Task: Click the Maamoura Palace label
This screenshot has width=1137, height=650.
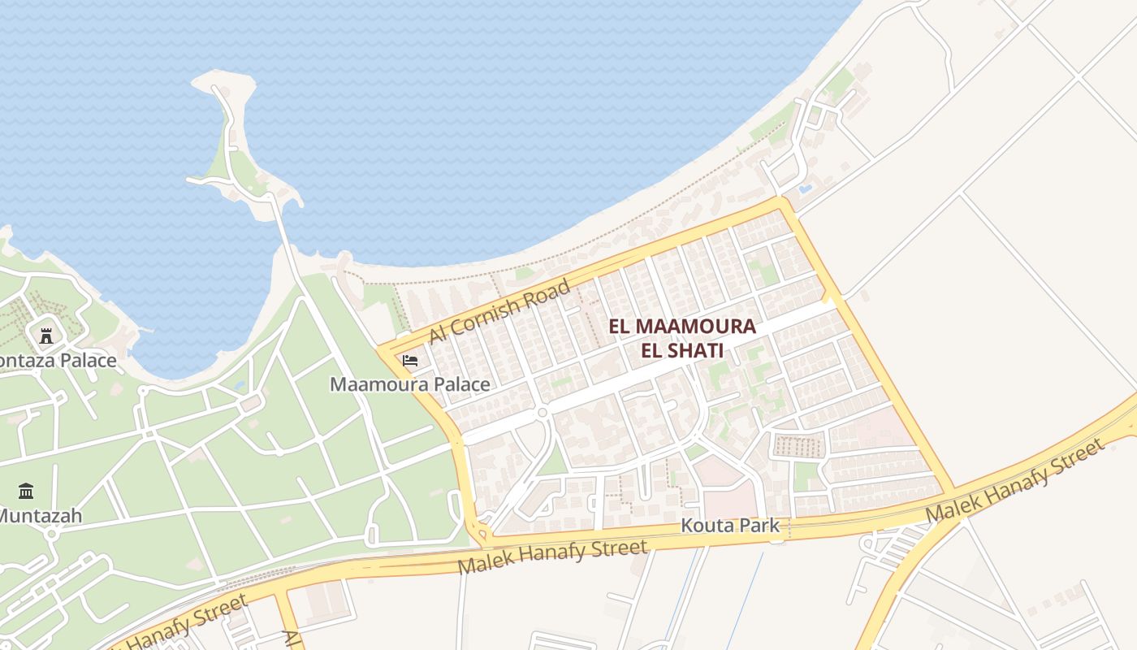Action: (x=409, y=384)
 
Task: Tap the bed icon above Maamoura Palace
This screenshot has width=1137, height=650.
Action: (x=410, y=360)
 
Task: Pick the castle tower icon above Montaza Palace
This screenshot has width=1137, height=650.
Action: (x=46, y=335)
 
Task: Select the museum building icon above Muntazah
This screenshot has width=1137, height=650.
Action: (x=26, y=491)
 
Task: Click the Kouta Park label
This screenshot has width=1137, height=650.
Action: (x=729, y=526)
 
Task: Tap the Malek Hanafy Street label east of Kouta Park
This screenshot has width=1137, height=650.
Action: (x=1015, y=481)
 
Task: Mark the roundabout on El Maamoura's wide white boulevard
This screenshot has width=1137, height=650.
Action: (x=542, y=413)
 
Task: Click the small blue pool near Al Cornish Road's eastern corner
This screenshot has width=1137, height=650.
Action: (x=805, y=188)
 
